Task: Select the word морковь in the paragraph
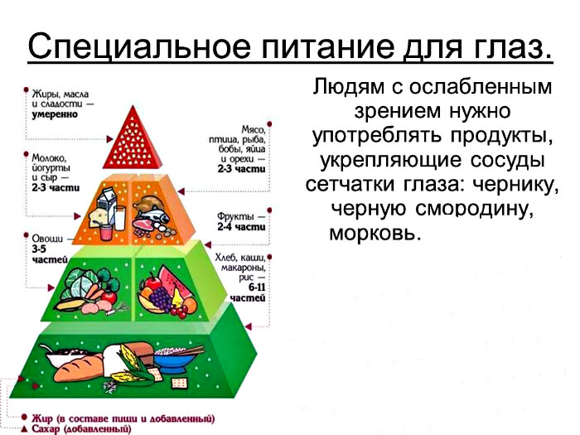point(375,232)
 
